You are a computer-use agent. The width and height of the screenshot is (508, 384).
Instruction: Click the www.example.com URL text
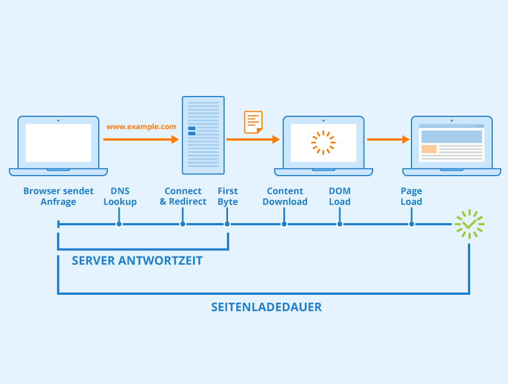click(141, 127)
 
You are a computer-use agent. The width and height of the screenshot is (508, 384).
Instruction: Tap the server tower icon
click(203, 135)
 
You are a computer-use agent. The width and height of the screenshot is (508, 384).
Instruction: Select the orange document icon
click(253, 122)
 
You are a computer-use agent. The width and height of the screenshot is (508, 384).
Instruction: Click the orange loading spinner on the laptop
click(323, 142)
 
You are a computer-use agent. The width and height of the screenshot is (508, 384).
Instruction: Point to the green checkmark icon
click(469, 224)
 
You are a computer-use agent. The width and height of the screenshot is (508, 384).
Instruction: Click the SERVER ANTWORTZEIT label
click(137, 261)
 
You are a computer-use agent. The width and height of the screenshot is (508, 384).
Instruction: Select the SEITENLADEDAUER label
click(266, 307)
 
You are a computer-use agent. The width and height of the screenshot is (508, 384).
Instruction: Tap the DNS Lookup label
click(120, 197)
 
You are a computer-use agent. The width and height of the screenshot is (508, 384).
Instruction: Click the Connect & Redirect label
click(183, 197)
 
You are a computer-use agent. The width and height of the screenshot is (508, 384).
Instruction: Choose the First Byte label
click(227, 197)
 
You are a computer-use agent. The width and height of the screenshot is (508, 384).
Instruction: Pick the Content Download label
click(285, 197)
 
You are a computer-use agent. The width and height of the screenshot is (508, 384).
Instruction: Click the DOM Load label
click(340, 197)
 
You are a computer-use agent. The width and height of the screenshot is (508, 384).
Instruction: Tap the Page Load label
click(411, 197)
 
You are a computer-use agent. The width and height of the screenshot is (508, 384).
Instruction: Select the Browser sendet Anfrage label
click(58, 197)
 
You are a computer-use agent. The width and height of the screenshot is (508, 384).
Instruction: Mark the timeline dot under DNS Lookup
click(119, 224)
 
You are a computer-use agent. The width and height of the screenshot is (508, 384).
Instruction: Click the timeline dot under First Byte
click(227, 224)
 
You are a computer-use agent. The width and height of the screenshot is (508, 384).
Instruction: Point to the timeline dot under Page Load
click(411, 224)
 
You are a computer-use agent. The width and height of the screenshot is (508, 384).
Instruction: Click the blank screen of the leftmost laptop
click(58, 143)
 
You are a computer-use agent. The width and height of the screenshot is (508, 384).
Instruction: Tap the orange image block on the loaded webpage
click(429, 149)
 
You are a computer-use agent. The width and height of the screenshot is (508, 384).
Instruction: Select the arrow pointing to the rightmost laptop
click(388, 139)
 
